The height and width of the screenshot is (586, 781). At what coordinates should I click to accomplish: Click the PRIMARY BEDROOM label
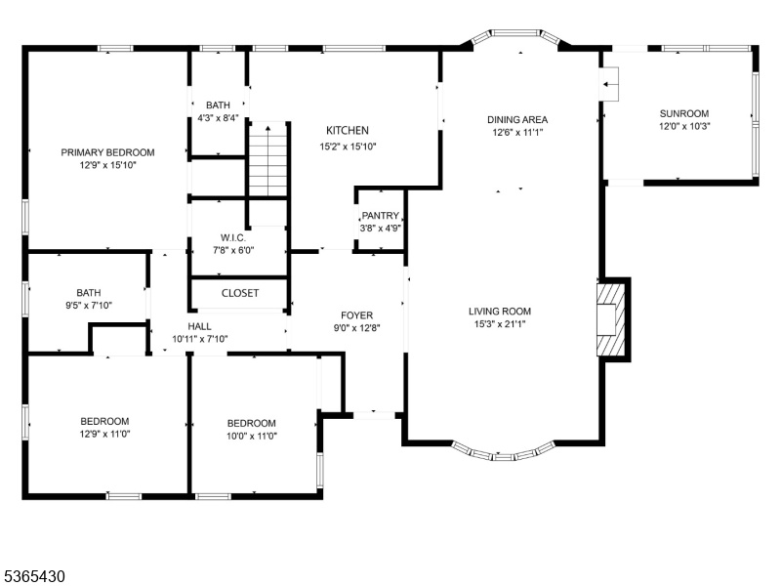[107, 152]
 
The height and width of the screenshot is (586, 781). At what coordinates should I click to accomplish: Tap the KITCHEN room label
[348, 131]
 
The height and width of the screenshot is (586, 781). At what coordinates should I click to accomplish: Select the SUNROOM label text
[684, 113]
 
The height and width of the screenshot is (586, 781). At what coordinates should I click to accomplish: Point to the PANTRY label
[380, 216]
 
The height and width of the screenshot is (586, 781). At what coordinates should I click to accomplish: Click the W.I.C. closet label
[233, 237]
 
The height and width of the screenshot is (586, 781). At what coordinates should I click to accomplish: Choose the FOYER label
[356, 315]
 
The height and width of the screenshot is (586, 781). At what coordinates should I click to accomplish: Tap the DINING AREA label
[517, 119]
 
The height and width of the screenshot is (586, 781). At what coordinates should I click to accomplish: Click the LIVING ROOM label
[500, 312]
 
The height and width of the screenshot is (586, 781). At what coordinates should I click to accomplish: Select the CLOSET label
[240, 293]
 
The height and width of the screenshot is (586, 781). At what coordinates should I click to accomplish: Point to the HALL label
[199, 326]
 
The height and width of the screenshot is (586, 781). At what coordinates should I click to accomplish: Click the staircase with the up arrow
[267, 159]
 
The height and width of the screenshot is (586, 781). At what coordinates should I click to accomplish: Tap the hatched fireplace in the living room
[611, 319]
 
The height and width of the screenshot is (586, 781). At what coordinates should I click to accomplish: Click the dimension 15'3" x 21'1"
[500, 324]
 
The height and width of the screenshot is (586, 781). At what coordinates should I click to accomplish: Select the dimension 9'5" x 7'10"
[89, 306]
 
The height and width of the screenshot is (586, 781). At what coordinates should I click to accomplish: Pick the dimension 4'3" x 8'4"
[218, 118]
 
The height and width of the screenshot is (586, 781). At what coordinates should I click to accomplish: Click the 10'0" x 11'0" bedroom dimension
[252, 436]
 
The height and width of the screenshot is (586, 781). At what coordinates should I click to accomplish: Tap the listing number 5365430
[33, 576]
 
